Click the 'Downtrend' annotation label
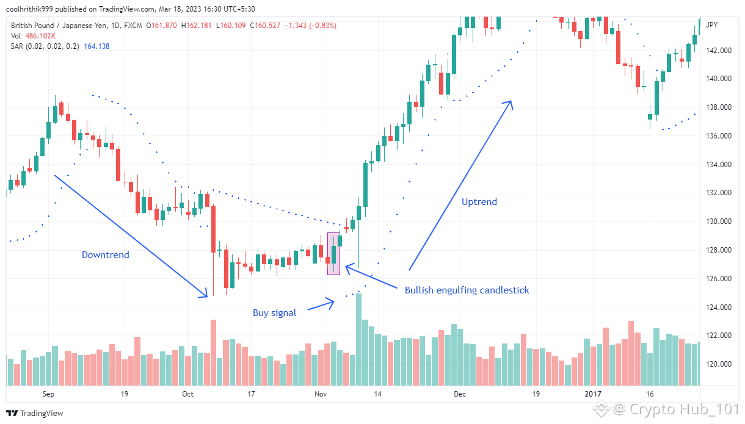point(106,255)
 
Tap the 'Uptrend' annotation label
point(479,201)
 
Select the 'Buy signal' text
point(274,313)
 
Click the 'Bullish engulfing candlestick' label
point(467,290)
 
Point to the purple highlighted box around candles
point(333,254)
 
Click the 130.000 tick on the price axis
point(718,221)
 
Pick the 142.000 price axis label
point(718,50)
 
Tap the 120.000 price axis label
point(718,364)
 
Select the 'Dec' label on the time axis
point(460,394)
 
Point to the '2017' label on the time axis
point(592,394)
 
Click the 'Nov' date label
point(321,394)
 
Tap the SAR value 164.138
point(96,46)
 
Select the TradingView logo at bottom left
point(35,413)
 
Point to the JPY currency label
point(711,25)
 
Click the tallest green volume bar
point(358,339)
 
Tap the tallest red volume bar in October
point(213,352)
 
